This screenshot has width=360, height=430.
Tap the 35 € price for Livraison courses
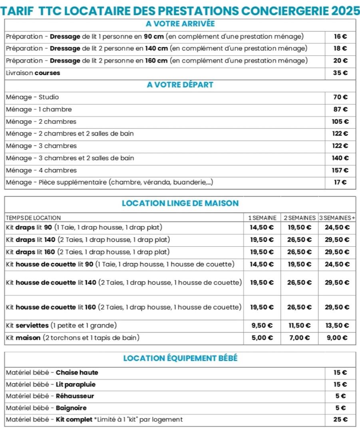pyautogui.click(x=340, y=73)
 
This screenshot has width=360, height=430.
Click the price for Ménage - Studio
pyautogui.click(x=340, y=97)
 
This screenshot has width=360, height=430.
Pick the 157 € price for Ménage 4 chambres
pyautogui.click(x=340, y=170)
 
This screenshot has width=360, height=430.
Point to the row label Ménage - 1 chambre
pyautogui.click(x=39, y=109)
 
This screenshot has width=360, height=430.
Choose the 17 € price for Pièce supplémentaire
pyautogui.click(x=340, y=182)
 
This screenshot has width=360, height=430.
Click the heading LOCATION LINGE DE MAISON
pyautogui.click(x=180, y=203)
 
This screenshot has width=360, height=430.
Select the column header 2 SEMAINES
pyautogui.click(x=299, y=218)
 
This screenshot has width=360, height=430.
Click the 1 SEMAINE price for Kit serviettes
pyautogui.click(x=262, y=325)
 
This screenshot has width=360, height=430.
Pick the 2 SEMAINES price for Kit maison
pyautogui.click(x=299, y=338)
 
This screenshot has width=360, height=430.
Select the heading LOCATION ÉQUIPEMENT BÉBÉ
pyautogui.click(x=180, y=358)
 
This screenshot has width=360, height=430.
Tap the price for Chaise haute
pyautogui.click(x=340, y=373)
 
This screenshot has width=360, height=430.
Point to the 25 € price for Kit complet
pyautogui.click(x=340, y=420)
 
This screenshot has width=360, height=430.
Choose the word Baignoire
pyautogui.click(x=71, y=408)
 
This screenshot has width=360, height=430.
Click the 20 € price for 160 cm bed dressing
pyautogui.click(x=340, y=61)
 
